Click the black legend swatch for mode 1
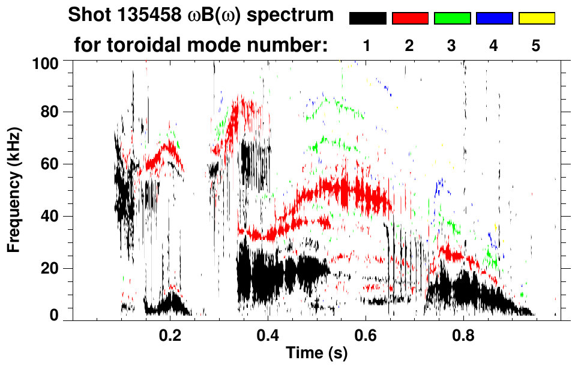pos(367,19)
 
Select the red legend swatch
pos(410,19)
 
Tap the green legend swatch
pos(452,19)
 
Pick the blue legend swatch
pos(494,19)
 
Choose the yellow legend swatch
pos(537,19)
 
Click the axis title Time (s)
pos(316,353)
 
